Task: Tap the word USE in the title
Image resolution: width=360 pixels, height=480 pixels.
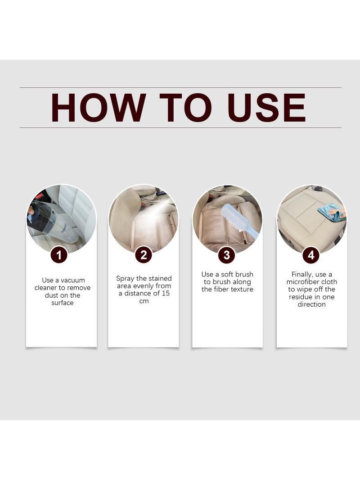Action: [266, 108]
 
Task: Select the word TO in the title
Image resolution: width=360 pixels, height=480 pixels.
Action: [186, 108]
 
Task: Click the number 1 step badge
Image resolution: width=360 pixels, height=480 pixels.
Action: [59, 255]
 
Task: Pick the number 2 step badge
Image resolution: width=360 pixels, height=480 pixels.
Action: [144, 255]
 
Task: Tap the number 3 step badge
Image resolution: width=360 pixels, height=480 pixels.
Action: [227, 255]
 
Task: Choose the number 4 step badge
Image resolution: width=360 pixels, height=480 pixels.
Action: [311, 255]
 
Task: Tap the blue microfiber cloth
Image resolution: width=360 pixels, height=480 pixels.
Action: [329, 213]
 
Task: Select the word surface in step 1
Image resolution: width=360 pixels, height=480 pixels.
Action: [63, 303]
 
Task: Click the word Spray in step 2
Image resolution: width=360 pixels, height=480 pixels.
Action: [125, 279]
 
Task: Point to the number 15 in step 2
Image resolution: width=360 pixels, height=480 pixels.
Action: [166, 293]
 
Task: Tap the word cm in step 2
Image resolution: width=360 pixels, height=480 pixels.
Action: [144, 301]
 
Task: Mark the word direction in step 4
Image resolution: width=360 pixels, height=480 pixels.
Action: [311, 304]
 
